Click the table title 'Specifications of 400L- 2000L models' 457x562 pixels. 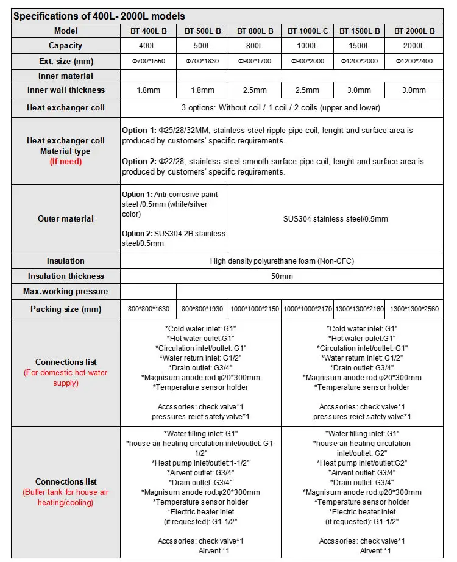(99, 16)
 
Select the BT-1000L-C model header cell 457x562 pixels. (307, 31)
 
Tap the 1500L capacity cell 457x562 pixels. (359, 46)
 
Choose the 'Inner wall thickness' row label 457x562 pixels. (66, 90)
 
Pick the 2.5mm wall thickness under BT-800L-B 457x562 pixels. (255, 90)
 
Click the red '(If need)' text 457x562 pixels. (66, 162)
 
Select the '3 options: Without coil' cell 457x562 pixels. (281, 108)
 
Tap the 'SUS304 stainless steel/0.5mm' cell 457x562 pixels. (335, 219)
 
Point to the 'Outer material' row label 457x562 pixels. (66, 219)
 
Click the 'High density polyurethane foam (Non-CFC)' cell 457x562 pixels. (281, 261)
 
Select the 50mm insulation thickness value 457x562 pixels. (281, 276)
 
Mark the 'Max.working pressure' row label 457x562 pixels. (66, 292)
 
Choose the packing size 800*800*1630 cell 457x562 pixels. (149, 309)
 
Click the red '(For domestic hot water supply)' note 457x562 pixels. (66, 378)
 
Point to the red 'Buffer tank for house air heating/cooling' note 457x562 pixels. (66, 497)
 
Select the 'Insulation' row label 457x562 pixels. (66, 261)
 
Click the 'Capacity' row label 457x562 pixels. (66, 46)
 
